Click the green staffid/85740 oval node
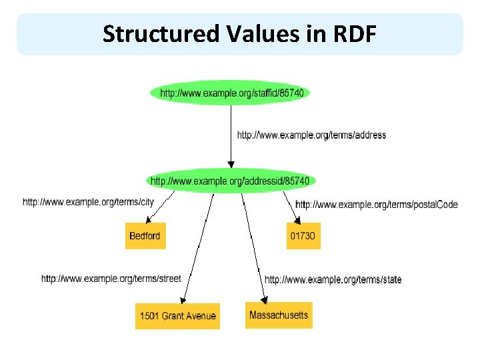[x=231, y=93]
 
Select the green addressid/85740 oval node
[x=230, y=181]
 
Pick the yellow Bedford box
[x=145, y=236]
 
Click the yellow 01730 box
[x=303, y=236]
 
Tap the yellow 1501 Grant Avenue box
[x=177, y=315]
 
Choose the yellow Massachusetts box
[x=279, y=315]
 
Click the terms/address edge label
[x=311, y=135]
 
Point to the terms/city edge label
[x=88, y=202]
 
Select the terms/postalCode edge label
[x=376, y=205]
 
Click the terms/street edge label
[x=111, y=279]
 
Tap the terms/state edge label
[x=333, y=279]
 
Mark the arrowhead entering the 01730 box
[x=298, y=219]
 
